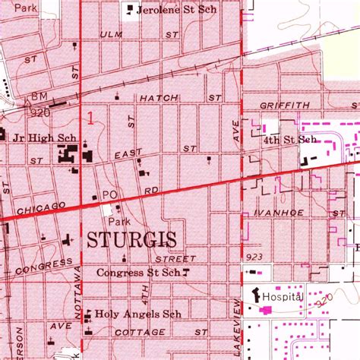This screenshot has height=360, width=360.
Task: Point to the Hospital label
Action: tap(283, 295)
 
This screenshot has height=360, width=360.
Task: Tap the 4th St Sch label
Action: tap(289, 140)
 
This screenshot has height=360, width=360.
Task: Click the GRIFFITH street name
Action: tap(284, 106)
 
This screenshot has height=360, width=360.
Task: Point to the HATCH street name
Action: tap(158, 98)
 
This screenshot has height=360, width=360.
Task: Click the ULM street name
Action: tap(111, 35)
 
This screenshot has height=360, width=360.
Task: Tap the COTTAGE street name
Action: tap(139, 333)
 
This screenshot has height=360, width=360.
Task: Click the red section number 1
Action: tap(92, 118)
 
